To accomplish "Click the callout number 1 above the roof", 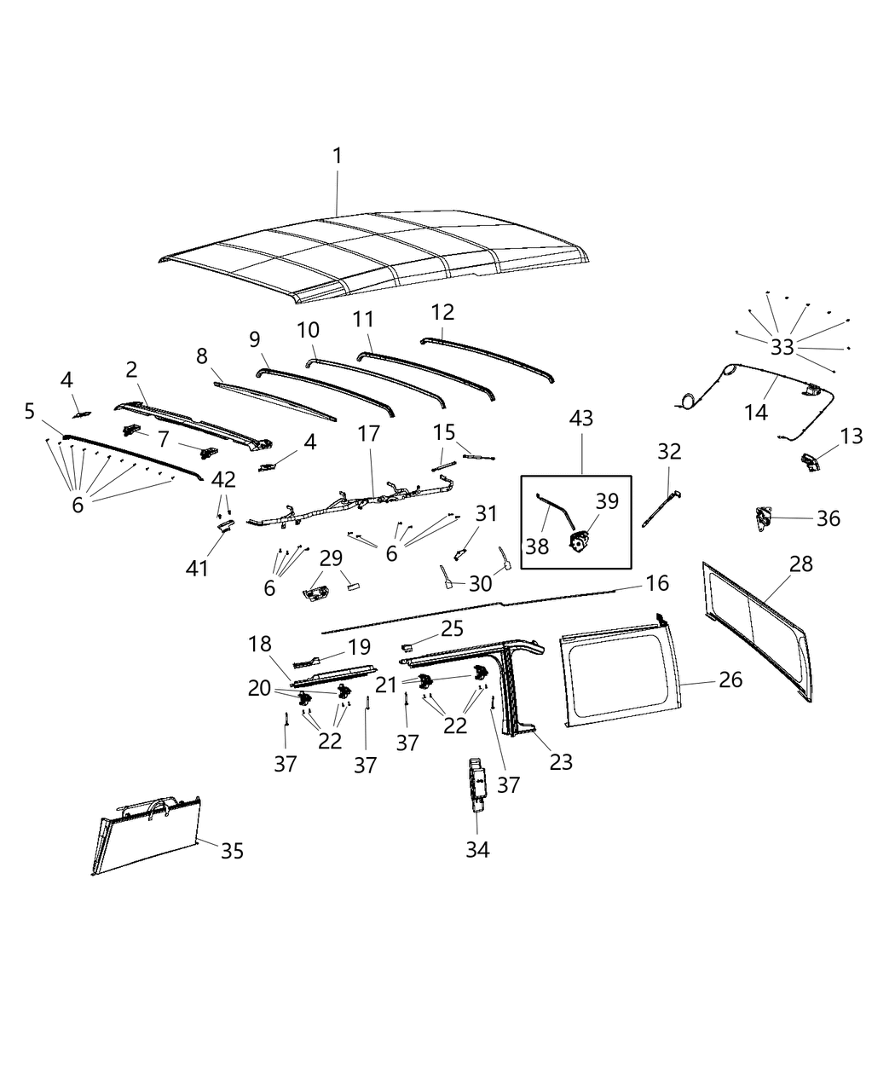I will pyautogui.click(x=337, y=156).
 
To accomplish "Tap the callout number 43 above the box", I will pyautogui.click(x=582, y=419).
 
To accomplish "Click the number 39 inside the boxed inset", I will pyautogui.click(x=607, y=501).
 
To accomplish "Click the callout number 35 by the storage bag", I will pyautogui.click(x=232, y=850).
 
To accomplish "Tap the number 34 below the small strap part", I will pyautogui.click(x=477, y=849).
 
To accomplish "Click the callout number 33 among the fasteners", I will pyautogui.click(x=782, y=347).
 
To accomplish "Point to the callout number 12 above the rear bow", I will pyautogui.click(x=443, y=312).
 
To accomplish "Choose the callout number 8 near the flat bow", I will pyautogui.click(x=202, y=356).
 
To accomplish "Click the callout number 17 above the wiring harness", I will pyautogui.click(x=368, y=433).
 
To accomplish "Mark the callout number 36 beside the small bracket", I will pyautogui.click(x=828, y=518).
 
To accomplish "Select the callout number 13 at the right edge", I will pyautogui.click(x=851, y=437).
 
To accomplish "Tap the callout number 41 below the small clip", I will pyautogui.click(x=197, y=567).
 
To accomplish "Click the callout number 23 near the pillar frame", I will pyautogui.click(x=561, y=761).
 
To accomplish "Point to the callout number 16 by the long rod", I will pyautogui.click(x=657, y=583).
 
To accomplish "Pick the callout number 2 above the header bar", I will pyautogui.click(x=131, y=369).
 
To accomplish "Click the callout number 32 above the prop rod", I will pyautogui.click(x=669, y=451).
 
